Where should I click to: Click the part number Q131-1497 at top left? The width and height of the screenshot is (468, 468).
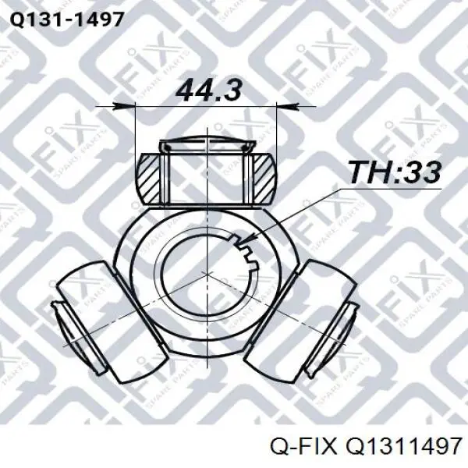(x=66, y=20)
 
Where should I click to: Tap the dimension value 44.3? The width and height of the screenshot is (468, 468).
(x=208, y=90)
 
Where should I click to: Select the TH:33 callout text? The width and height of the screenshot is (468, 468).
(x=395, y=172)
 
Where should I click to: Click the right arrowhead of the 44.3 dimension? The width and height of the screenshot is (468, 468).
(x=287, y=105)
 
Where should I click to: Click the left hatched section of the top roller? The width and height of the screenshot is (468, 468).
(x=148, y=179)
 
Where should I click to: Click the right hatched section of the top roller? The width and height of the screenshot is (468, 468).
(x=264, y=179)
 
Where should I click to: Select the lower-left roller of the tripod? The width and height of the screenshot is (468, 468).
(x=112, y=321)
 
